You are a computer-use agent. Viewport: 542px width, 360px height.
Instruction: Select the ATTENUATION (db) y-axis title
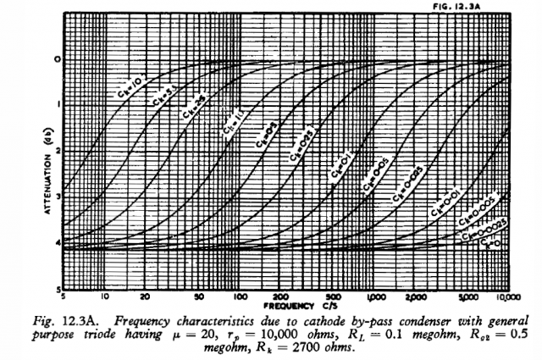pyautogui.click(x=43, y=170)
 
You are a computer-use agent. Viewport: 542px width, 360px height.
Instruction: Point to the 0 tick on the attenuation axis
pyautogui.click(x=56, y=59)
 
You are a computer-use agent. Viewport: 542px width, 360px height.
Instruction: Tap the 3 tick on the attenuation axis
pyautogui.click(x=56, y=197)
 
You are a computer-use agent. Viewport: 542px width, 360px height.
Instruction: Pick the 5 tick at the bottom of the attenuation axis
pyautogui.click(x=56, y=289)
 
